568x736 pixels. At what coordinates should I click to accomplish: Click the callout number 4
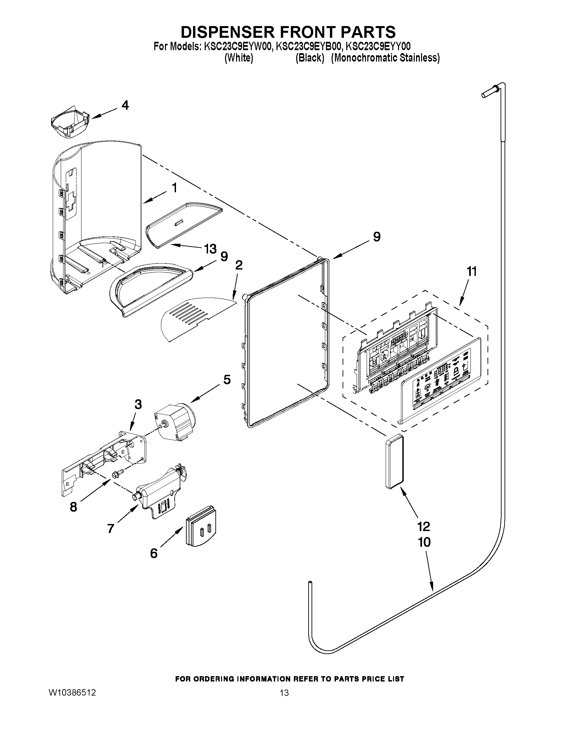pos(125,105)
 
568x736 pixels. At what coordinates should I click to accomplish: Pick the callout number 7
pos(111,528)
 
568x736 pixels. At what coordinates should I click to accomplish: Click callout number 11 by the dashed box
pos(472,271)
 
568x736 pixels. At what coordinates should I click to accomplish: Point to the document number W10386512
pos(72,693)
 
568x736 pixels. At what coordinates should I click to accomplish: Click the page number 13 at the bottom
pos(285,693)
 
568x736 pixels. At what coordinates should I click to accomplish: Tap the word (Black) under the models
pos(310,58)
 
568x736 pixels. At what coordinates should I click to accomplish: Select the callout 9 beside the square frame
pos(377,236)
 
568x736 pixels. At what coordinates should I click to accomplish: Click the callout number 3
pos(138,404)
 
